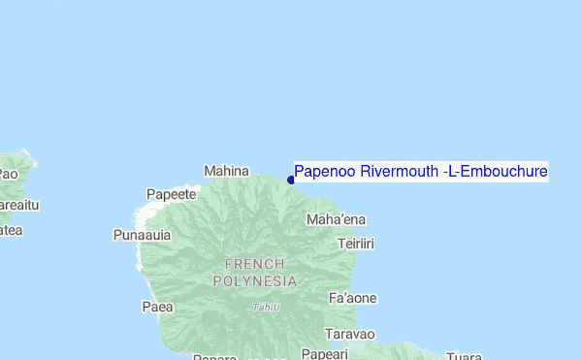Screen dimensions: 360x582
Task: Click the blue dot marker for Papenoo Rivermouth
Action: [x=291, y=180]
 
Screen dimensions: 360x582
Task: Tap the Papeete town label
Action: [x=171, y=194]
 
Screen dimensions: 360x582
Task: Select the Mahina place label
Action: [x=226, y=171]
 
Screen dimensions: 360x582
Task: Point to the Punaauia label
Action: [x=142, y=235]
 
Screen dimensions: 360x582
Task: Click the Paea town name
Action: [x=157, y=308]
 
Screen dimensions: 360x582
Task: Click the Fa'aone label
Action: [x=353, y=298]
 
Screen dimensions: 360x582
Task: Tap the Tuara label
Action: [x=465, y=355]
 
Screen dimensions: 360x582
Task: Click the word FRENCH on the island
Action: [x=254, y=264]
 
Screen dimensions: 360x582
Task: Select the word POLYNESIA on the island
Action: [x=254, y=280]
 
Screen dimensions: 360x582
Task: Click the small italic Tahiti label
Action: [x=266, y=307]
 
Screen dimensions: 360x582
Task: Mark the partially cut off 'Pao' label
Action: [x=8, y=175]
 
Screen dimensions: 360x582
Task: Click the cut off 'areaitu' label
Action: [x=19, y=205]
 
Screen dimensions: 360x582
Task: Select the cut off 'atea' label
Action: [x=11, y=230]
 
